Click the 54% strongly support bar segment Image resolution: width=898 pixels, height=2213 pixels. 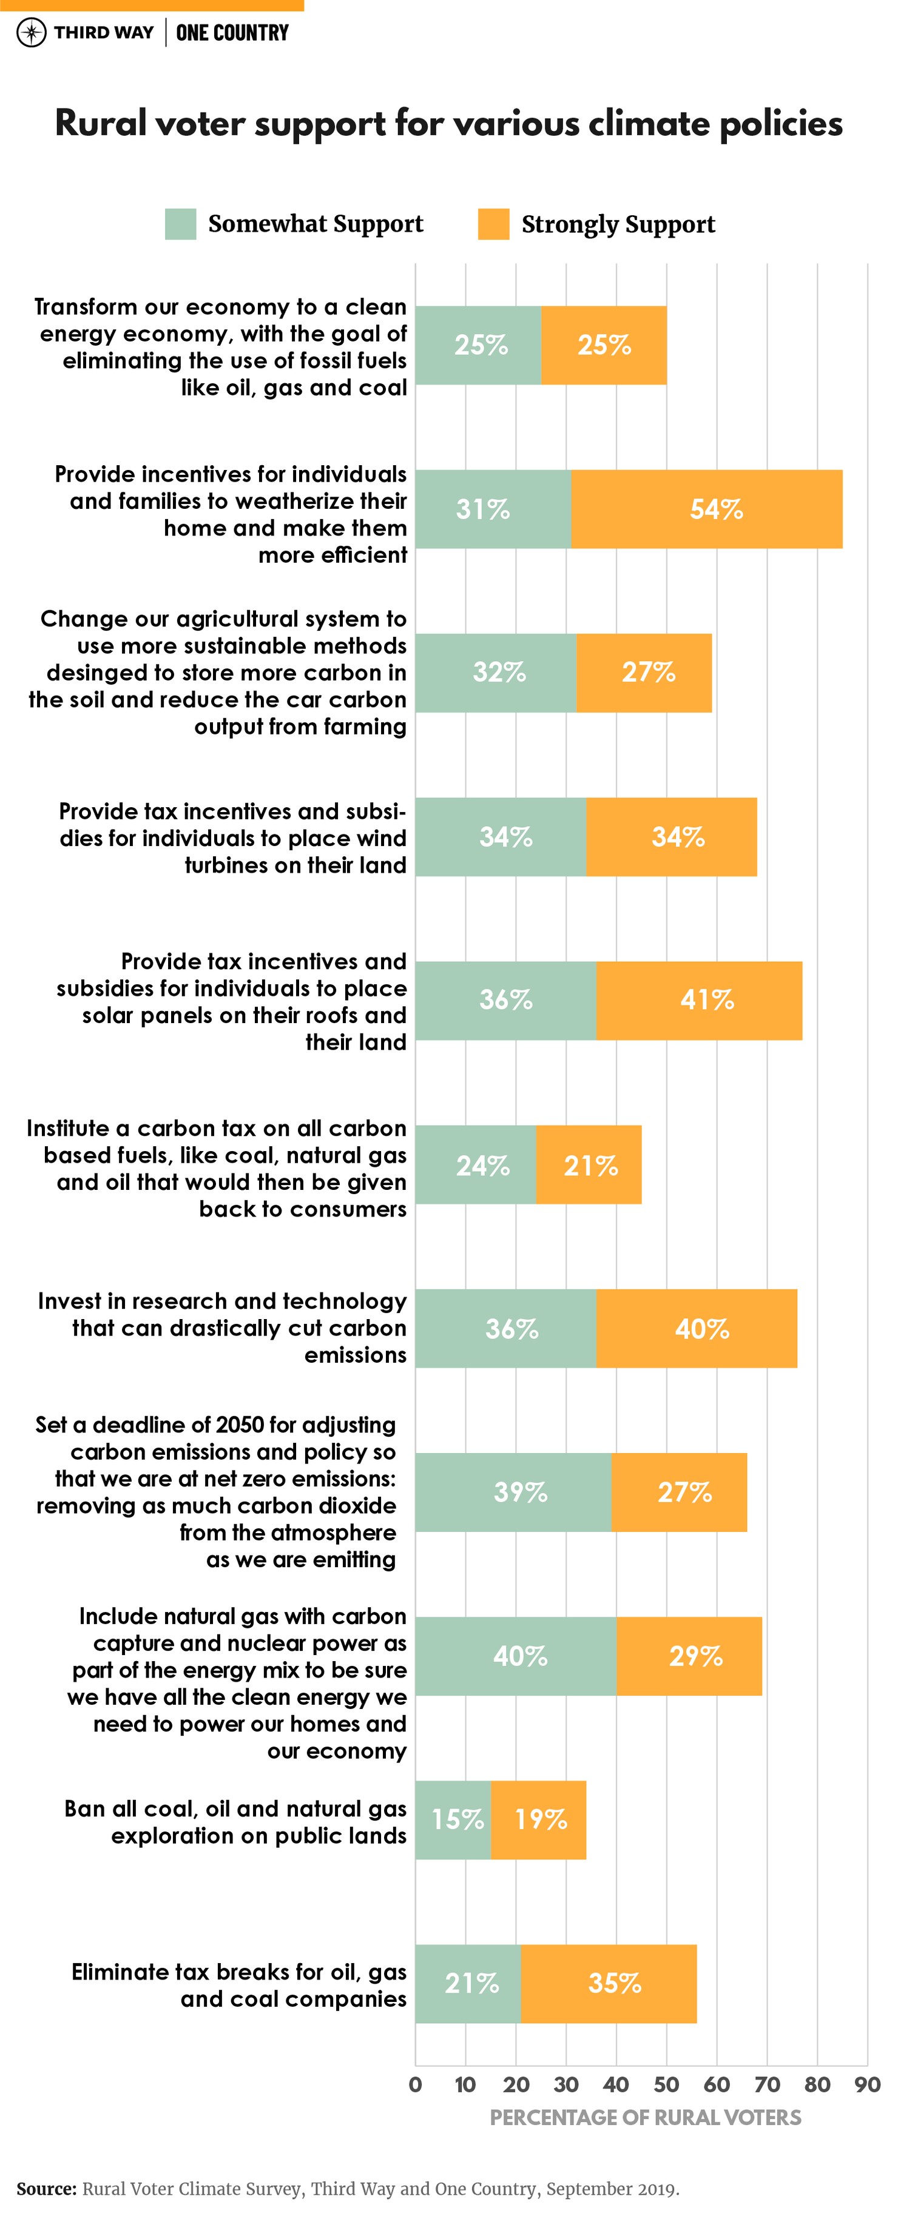[x=706, y=509]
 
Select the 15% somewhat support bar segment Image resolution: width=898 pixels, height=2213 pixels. [x=453, y=1819]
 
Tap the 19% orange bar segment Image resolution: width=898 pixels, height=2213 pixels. [x=539, y=1819]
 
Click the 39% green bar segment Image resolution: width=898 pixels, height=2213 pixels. [x=513, y=1493]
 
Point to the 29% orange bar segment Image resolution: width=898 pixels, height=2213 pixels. [x=689, y=1656]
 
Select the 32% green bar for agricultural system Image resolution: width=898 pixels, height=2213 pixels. [x=496, y=673]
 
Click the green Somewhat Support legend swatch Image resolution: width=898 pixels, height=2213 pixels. [x=180, y=224]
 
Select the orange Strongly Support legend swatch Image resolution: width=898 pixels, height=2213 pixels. [x=493, y=224]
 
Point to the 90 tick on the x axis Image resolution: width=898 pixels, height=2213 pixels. [x=867, y=2085]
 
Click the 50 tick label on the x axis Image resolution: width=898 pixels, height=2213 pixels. [x=666, y=2085]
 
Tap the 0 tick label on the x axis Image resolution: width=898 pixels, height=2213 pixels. [x=415, y=2085]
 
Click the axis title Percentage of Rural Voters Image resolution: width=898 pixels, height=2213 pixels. [x=644, y=2118]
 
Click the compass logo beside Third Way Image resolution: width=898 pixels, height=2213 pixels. [x=31, y=33]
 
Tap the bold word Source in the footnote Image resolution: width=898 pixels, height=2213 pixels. [x=45, y=2188]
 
